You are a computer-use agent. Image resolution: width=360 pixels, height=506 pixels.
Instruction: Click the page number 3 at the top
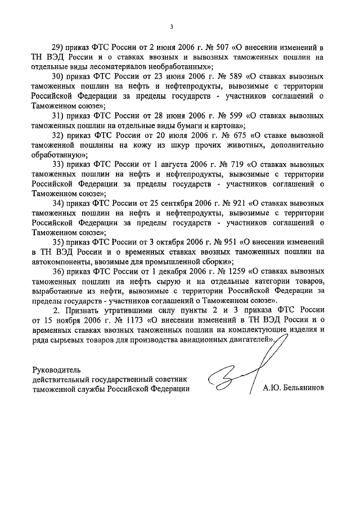pos(173,26)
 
